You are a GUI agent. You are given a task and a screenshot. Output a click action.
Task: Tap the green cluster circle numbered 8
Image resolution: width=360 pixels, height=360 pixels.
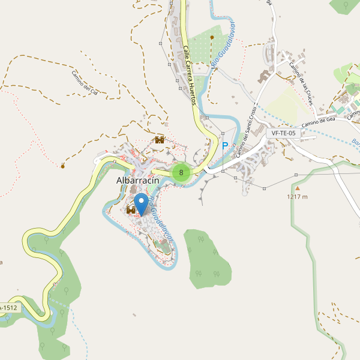(x=181, y=173)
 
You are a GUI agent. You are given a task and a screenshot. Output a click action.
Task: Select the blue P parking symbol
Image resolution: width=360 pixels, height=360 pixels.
(x=226, y=146)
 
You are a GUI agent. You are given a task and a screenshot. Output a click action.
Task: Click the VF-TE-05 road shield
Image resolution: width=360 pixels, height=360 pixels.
(x=283, y=133)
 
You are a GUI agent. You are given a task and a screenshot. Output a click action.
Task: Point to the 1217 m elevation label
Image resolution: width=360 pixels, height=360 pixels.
(x=297, y=196)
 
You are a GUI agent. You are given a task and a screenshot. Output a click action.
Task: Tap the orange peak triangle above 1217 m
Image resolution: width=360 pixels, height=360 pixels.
(x=297, y=188)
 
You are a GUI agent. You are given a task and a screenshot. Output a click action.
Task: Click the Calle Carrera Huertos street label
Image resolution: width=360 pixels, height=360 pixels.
(x=190, y=76)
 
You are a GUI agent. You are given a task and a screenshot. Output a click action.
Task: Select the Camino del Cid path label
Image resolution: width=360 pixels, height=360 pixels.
(x=88, y=83)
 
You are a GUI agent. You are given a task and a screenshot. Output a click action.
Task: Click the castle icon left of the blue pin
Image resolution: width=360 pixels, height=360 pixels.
(x=131, y=210)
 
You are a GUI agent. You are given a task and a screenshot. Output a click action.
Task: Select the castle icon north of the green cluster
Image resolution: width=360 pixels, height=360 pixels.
(x=160, y=140)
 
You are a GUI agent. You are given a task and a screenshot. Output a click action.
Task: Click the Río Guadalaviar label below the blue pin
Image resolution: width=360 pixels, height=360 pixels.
(x=162, y=220)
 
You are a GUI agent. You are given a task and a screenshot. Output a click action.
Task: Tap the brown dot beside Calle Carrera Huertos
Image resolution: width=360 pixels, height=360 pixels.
(x=212, y=37)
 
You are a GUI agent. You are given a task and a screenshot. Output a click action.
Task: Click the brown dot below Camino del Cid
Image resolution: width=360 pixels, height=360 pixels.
(x=62, y=166)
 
